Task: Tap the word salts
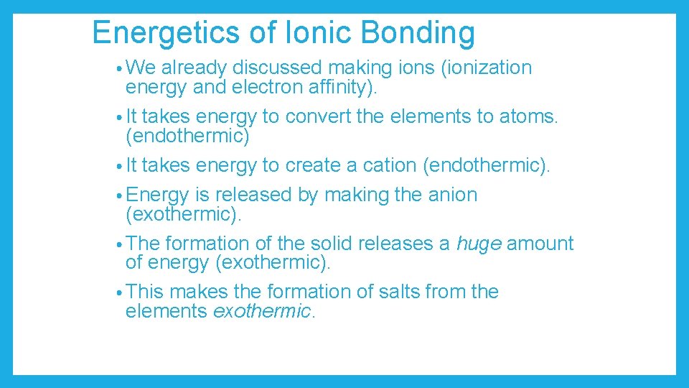coord(393,292)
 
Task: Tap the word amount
coord(540,244)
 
